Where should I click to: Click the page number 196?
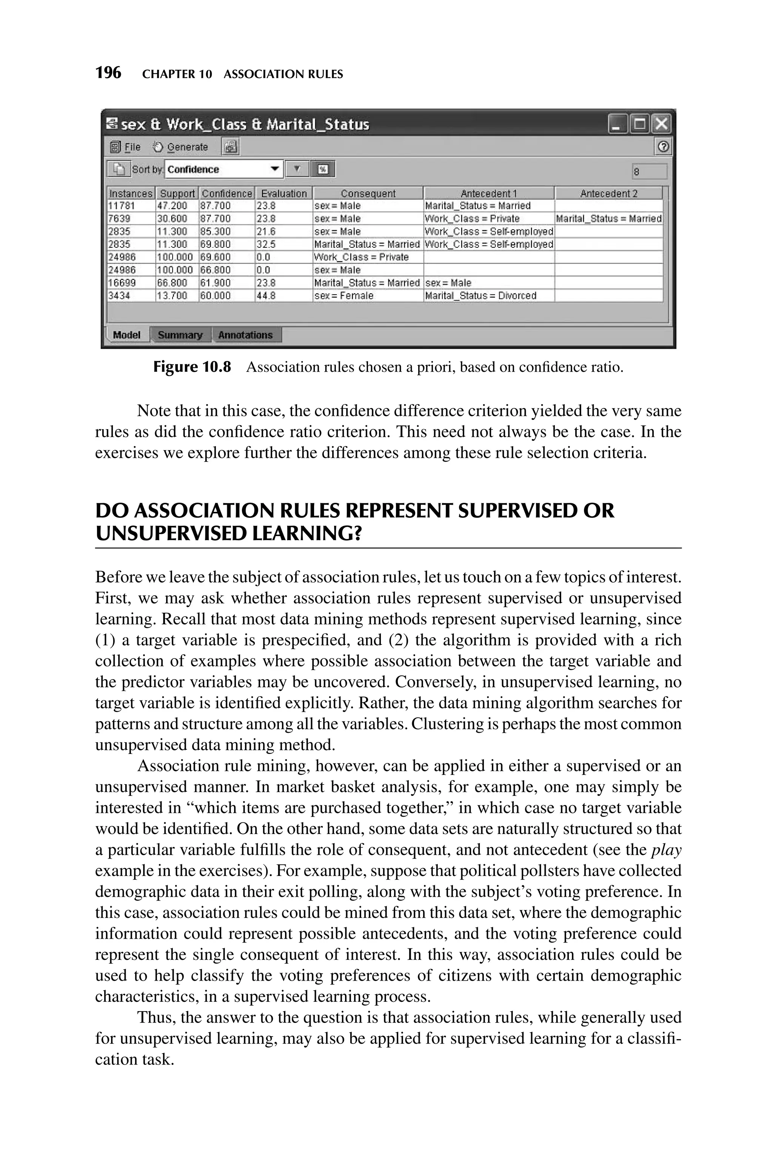coord(108,73)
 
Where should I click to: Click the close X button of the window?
coord(662,124)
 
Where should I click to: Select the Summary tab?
coord(180,335)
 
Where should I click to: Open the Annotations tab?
coord(245,335)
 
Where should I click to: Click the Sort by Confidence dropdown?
coord(224,170)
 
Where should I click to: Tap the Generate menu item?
coord(180,147)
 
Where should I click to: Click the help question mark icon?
coord(664,147)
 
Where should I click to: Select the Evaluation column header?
coord(283,193)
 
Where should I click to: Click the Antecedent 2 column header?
coord(608,193)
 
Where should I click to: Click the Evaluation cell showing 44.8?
coord(283,295)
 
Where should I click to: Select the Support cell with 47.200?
coord(177,205)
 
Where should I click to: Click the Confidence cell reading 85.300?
coord(226,231)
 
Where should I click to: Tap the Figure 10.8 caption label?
coord(192,367)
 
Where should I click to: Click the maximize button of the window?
coord(640,124)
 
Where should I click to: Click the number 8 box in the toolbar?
coord(649,171)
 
